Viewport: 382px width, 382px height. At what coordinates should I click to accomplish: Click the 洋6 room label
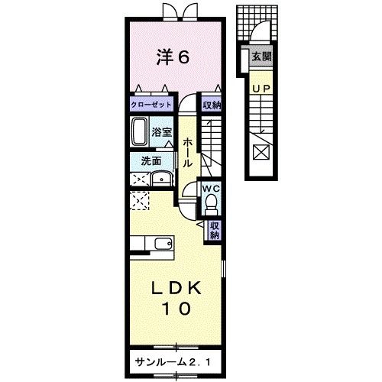[x=173, y=57]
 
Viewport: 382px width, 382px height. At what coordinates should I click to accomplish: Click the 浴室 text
[x=162, y=131]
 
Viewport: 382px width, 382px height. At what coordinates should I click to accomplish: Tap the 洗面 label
[x=151, y=161]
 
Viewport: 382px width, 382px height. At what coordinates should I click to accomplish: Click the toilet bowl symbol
[x=211, y=202]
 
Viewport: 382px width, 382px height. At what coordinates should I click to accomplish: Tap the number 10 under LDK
[x=174, y=309]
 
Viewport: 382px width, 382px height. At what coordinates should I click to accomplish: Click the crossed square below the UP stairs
[x=261, y=152]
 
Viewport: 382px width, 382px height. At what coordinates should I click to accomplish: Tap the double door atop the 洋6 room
[x=175, y=11]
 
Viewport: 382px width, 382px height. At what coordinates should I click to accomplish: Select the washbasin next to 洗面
[x=161, y=179]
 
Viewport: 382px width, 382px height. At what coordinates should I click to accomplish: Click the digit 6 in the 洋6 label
[x=184, y=57]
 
